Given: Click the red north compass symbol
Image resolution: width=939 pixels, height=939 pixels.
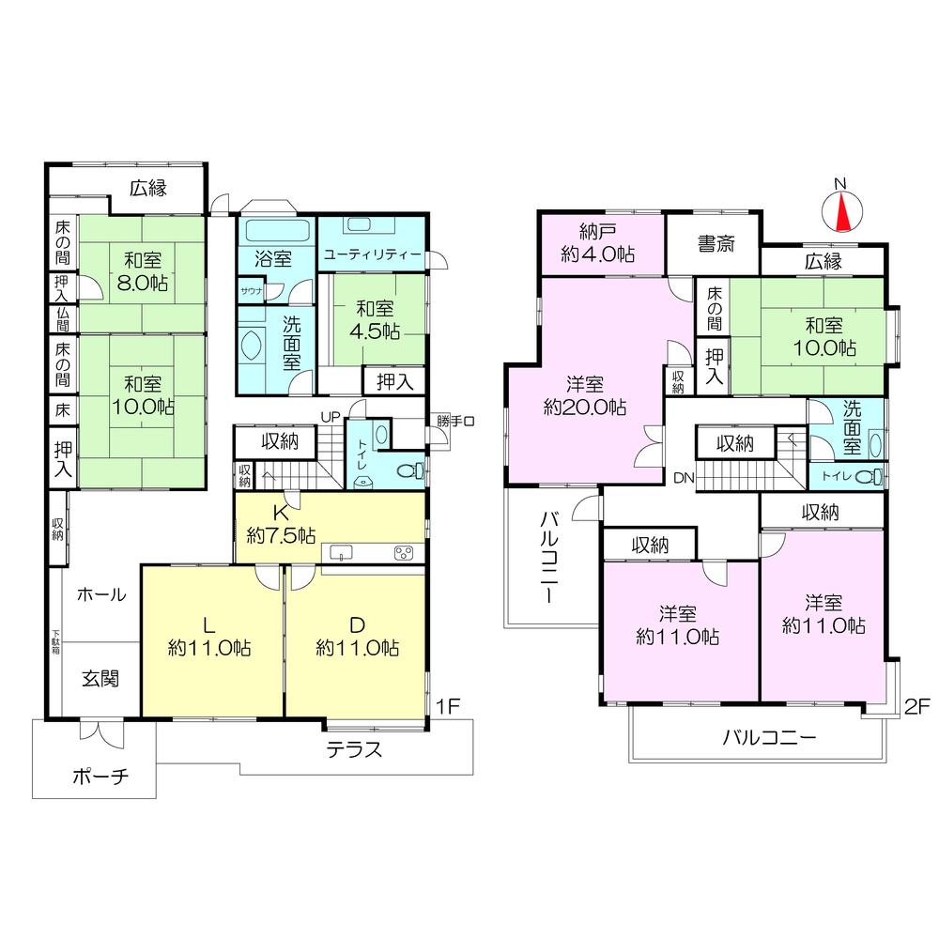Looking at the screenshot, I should [x=841, y=211].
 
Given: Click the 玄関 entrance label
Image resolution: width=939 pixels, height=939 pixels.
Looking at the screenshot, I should [x=98, y=679].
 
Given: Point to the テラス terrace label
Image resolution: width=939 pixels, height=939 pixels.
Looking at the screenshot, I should [x=355, y=749].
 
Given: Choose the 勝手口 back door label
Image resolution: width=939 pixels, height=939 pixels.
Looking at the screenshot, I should [x=454, y=421].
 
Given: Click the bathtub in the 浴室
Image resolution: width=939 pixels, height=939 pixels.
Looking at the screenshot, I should [x=279, y=230].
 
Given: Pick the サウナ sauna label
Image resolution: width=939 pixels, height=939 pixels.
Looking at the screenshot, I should [x=251, y=291].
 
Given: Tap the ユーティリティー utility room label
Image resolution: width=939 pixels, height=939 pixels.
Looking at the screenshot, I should [x=373, y=254].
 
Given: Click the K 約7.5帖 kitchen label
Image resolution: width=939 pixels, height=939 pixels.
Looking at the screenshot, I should [x=280, y=526].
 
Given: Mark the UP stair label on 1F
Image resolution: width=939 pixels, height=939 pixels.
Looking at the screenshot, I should [x=331, y=416].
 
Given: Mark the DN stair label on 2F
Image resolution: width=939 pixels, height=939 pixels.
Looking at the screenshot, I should [x=683, y=478].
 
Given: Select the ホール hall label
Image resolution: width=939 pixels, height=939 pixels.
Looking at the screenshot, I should [x=101, y=593].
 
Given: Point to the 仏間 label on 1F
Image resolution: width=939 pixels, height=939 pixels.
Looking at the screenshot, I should [x=62, y=319].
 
